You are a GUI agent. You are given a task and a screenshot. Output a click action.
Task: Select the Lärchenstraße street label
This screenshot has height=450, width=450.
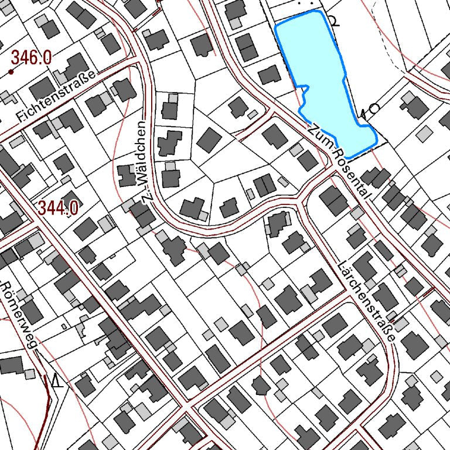coord(368,302)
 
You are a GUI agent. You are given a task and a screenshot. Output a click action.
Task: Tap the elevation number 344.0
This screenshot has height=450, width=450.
coord(58,207)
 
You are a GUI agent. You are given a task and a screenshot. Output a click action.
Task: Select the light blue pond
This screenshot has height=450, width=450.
coord(319,76)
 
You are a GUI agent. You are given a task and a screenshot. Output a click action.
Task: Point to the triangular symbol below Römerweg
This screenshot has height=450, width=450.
coord(56,382)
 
